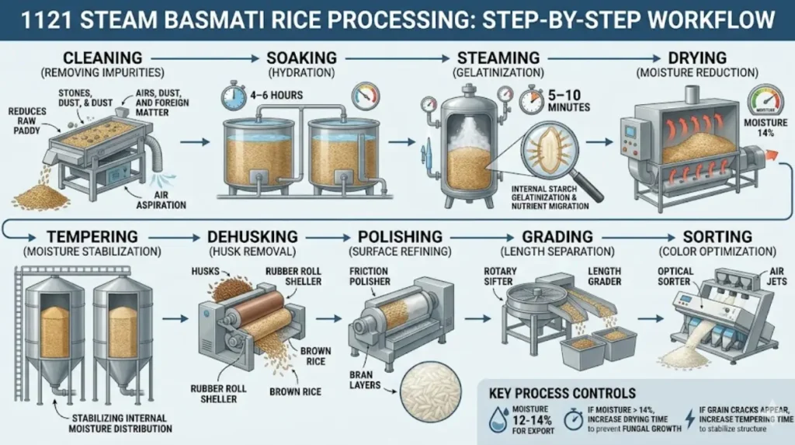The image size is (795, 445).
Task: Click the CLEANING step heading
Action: click(x=102, y=57)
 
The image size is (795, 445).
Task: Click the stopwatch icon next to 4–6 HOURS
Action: click(x=233, y=97)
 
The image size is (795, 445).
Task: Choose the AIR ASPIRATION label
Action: click(x=165, y=200)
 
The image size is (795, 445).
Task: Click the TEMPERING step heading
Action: click(x=92, y=236)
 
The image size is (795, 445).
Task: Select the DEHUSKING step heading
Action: click(x=246, y=236)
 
